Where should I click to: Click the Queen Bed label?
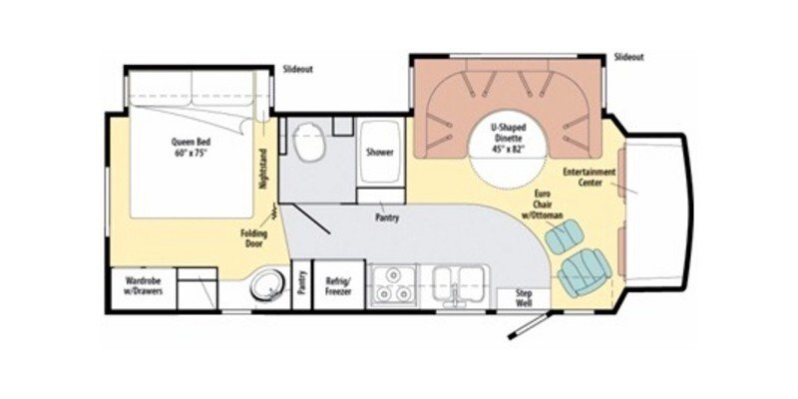coord(190,142)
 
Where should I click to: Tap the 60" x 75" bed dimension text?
coord(190,154)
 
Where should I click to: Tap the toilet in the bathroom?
coord(308,144)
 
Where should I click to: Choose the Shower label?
coord(380,153)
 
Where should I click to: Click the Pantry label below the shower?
coord(387,216)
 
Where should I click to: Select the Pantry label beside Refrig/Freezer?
coord(302,284)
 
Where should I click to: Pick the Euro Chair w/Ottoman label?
coord(544,204)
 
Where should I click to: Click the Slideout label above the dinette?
coord(629,56)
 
